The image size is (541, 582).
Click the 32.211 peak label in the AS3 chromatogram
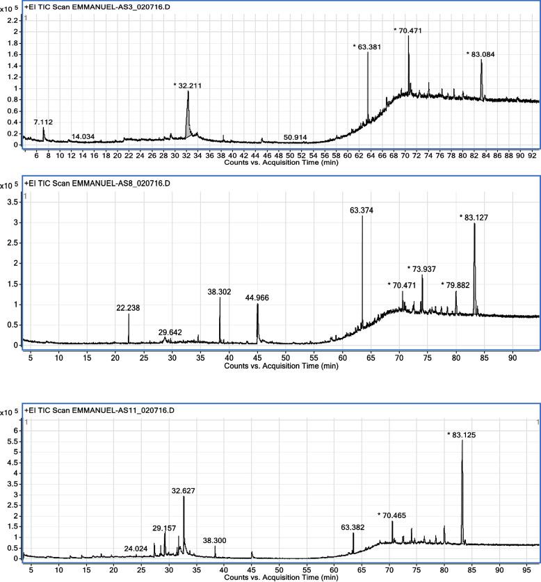187,85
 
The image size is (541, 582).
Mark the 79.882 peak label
455,284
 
